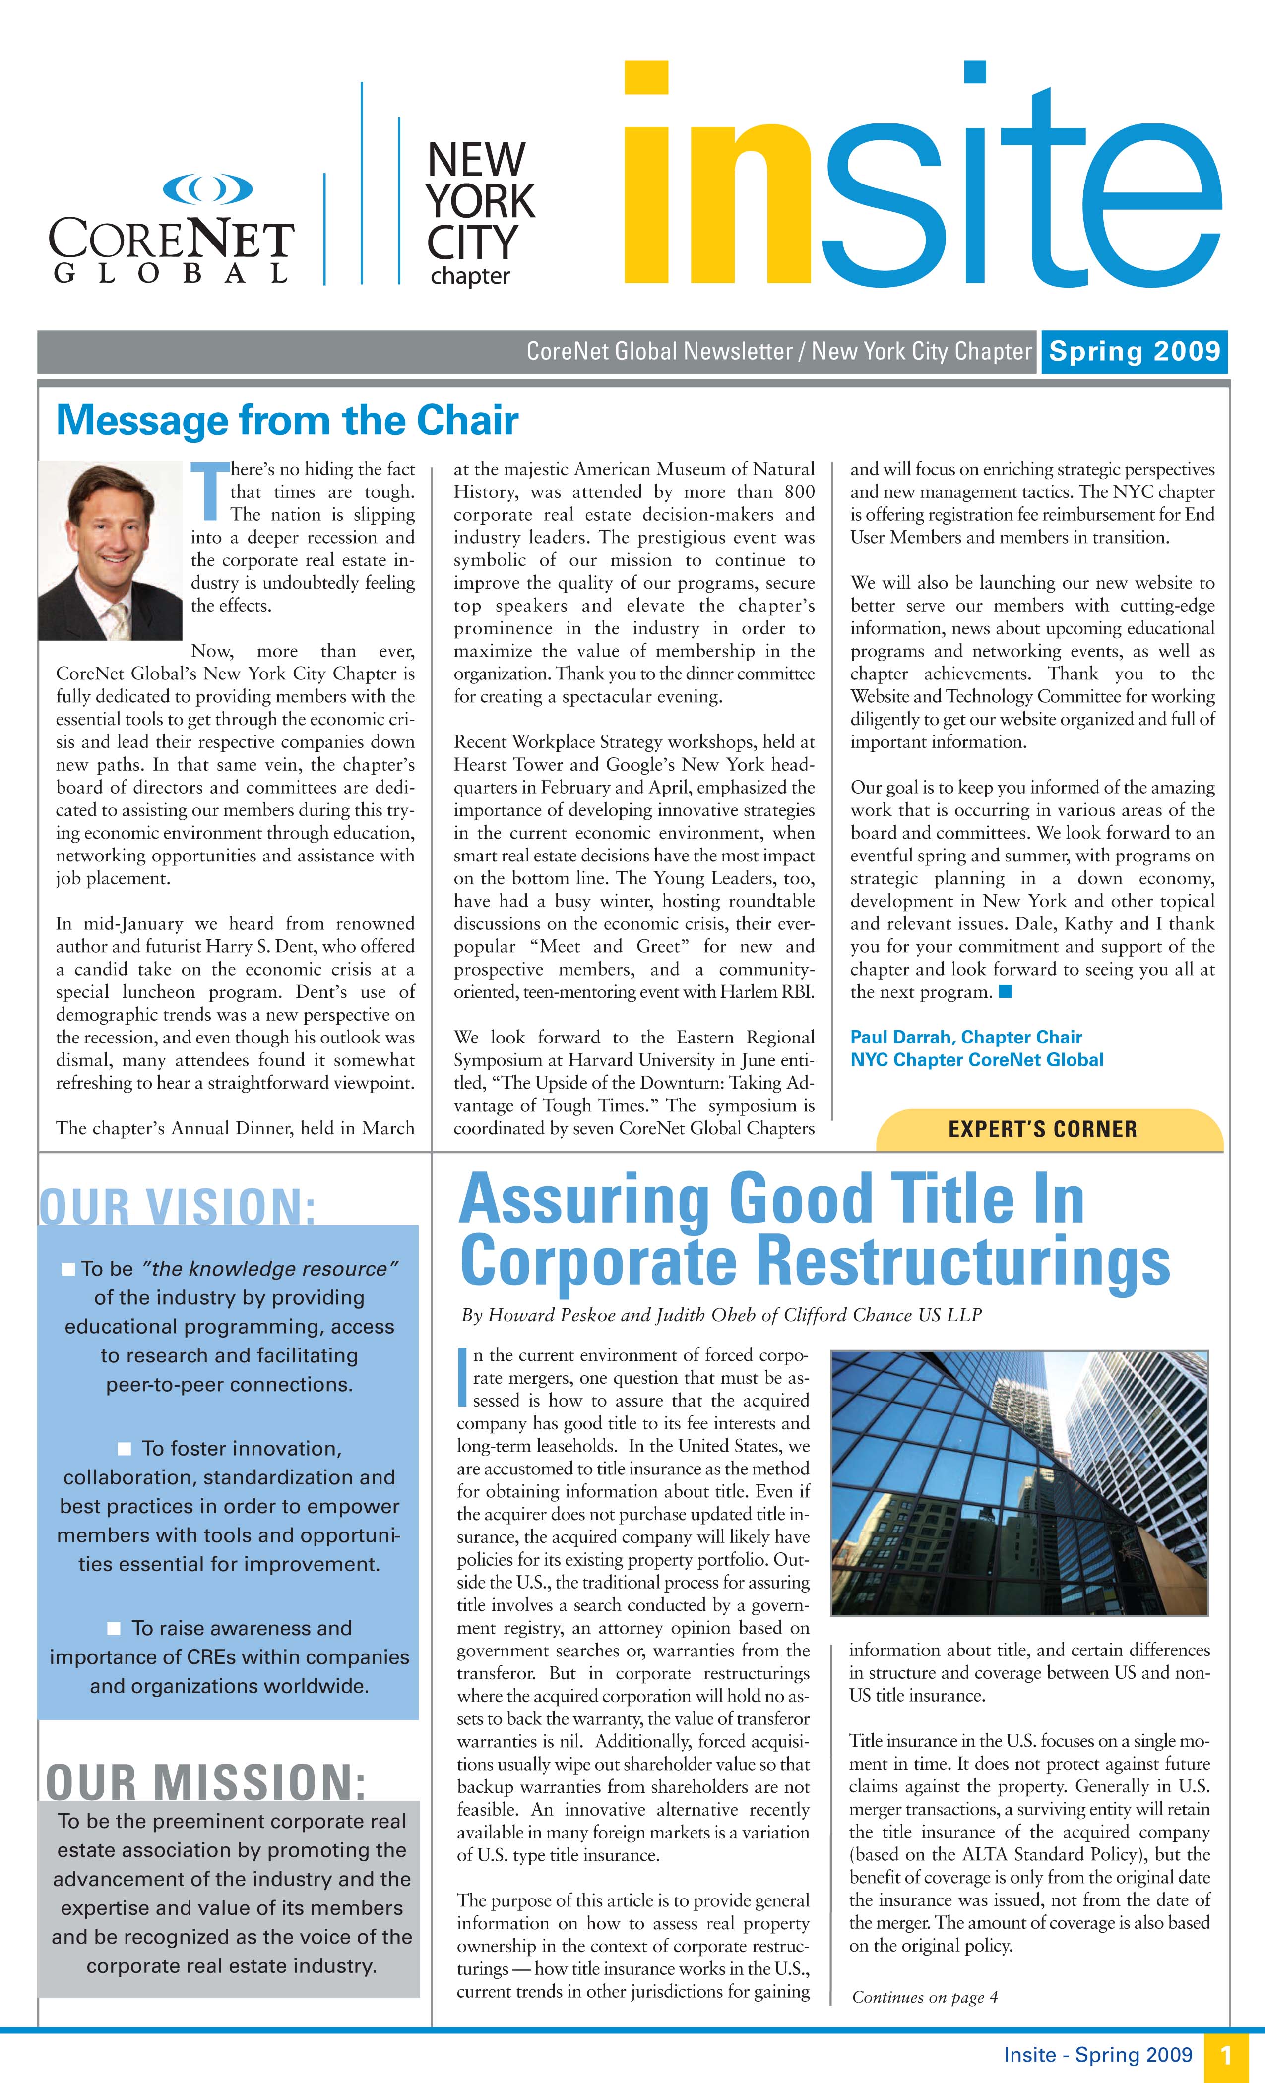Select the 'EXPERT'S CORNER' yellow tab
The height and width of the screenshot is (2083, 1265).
[1043, 1129]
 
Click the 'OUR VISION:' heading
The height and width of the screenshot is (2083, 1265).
[178, 1206]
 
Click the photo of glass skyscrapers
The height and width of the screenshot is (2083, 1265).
[1019, 1482]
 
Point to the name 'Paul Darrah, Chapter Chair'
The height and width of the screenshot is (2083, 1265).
[966, 1037]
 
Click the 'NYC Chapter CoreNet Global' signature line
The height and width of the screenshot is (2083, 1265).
[977, 1060]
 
